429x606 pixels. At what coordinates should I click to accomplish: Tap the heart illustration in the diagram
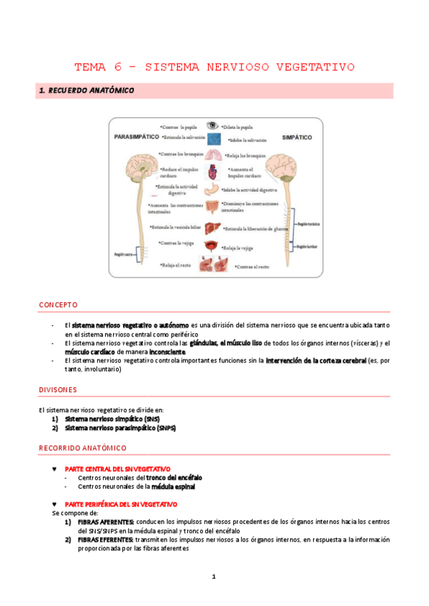[x=213, y=172]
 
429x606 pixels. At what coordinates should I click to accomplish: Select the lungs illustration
[x=213, y=154]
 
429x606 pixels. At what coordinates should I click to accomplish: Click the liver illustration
[x=213, y=229]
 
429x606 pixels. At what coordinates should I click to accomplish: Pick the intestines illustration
[x=213, y=209]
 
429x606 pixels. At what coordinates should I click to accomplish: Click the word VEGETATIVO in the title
[x=315, y=68]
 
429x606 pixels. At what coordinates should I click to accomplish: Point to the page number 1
[x=214, y=576]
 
